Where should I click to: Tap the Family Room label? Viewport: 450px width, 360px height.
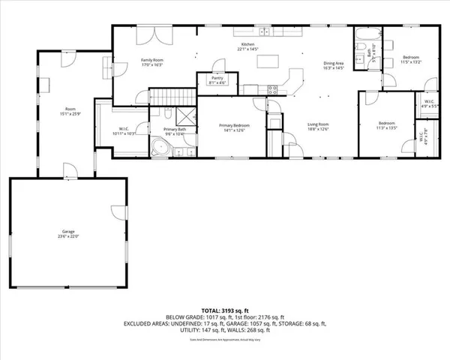pyautogui.click(x=152, y=64)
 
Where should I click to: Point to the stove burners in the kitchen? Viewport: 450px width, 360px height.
pyautogui.click(x=272, y=89)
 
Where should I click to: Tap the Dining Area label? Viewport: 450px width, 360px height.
pyautogui.click(x=334, y=64)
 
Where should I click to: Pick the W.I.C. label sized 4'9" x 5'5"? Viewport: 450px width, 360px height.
pyautogui.click(x=430, y=104)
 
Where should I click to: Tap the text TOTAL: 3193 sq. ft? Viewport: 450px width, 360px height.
pyautogui.click(x=224, y=310)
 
